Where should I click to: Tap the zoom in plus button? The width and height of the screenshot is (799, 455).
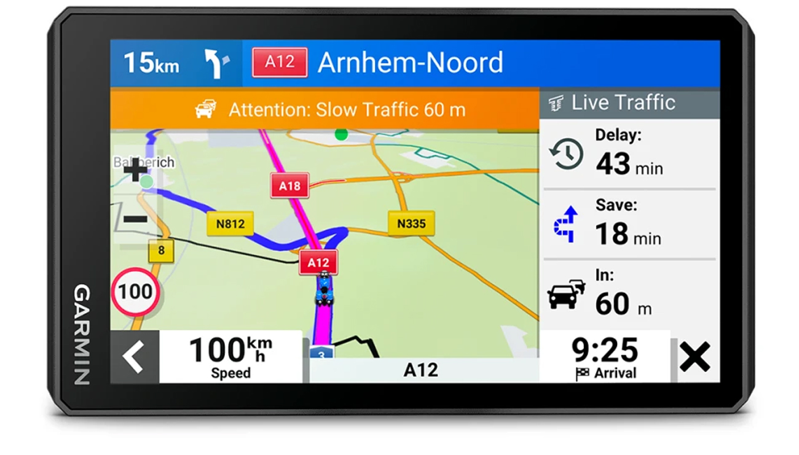pyautogui.click(x=135, y=171)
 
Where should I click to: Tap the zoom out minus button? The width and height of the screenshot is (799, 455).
pyautogui.click(x=135, y=219)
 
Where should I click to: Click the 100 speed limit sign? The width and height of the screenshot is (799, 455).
pyautogui.click(x=135, y=292)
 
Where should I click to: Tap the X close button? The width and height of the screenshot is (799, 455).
pyautogui.click(x=695, y=357)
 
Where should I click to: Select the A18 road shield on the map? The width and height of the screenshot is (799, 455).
pyautogui.click(x=289, y=185)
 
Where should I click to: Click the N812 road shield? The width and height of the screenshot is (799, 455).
pyautogui.click(x=230, y=224)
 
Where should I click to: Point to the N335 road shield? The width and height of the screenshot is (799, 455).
pyautogui.click(x=411, y=224)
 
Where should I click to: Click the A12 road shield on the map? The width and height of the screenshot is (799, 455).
pyautogui.click(x=318, y=263)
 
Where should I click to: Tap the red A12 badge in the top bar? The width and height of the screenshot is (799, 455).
pyautogui.click(x=280, y=62)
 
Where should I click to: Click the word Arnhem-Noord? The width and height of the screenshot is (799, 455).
pyautogui.click(x=410, y=63)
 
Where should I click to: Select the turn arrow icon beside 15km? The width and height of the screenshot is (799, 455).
pyautogui.click(x=216, y=63)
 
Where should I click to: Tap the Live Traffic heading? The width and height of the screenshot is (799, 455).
pyautogui.click(x=623, y=103)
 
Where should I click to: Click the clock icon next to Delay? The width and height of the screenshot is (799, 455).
pyautogui.click(x=565, y=154)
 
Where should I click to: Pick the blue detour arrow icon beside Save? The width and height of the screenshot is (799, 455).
pyautogui.click(x=566, y=224)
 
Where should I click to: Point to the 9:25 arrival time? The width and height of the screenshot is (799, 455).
pyautogui.click(x=605, y=350)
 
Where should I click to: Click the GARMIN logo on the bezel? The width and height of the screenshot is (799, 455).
pyautogui.click(x=82, y=335)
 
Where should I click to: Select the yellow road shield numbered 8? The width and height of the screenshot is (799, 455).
pyautogui.click(x=161, y=251)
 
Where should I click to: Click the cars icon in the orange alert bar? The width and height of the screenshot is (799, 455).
pyautogui.click(x=205, y=109)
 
